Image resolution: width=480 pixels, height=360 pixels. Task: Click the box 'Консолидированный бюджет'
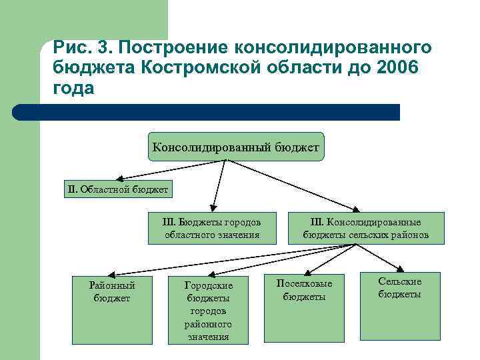(235, 146)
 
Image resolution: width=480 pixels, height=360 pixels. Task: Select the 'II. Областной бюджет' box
(117, 189)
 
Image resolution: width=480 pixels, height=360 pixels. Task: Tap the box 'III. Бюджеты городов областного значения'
(212, 228)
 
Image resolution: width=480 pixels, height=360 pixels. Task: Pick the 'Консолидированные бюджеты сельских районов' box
(365, 228)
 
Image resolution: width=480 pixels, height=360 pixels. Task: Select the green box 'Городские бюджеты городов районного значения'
(208, 310)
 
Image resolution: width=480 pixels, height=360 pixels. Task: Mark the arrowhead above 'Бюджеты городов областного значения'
(213, 206)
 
